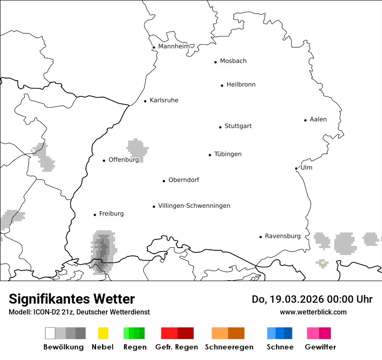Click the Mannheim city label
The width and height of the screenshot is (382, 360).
coord(174,46)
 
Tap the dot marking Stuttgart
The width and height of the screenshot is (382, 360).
coord(220,127)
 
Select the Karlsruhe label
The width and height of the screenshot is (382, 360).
coord(164,100)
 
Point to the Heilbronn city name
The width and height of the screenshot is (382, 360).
coord(240,85)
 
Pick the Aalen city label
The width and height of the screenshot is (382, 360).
coord(318,119)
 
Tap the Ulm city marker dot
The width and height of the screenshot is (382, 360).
coord(296,168)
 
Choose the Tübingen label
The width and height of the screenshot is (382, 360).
coord(227,154)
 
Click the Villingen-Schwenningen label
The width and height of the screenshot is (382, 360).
coord(194,206)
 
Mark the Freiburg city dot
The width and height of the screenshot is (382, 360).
coord(95,215)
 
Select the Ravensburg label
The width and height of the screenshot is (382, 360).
coord(282,236)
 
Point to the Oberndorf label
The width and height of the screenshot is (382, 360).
coord(183,180)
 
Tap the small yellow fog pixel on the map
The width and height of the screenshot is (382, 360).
coord(323,262)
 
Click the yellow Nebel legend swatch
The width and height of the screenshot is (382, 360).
coord(103,333)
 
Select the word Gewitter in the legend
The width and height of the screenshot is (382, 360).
coord(320,347)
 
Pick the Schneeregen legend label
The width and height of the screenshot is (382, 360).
coord(229,347)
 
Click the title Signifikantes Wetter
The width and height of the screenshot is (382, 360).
coord(72,299)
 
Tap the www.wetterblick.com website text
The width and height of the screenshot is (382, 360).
coord(313,312)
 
